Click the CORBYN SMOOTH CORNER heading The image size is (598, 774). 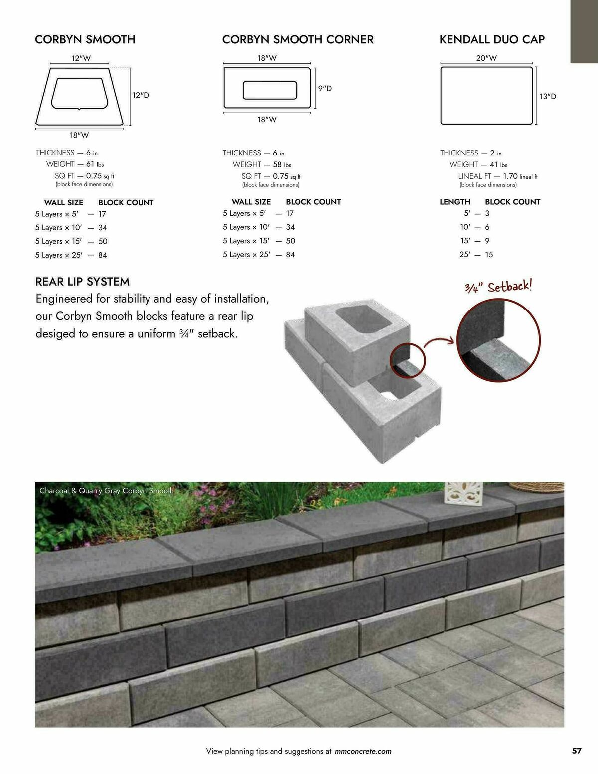click(x=298, y=39)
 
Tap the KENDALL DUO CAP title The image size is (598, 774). click(x=492, y=39)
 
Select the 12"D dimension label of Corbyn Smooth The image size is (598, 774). click(x=141, y=95)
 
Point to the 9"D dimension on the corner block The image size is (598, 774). click(x=325, y=88)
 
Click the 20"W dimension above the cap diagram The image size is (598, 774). click(x=486, y=58)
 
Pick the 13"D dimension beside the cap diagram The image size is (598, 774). click(x=548, y=96)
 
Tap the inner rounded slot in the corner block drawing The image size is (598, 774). click(x=270, y=90)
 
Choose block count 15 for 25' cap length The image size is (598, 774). click(x=489, y=254)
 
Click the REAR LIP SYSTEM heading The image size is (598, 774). click(x=82, y=282)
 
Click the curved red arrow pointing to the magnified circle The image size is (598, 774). click(x=440, y=340)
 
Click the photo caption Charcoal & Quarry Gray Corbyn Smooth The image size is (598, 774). click(x=108, y=491)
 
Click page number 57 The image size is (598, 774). click(x=576, y=751)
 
